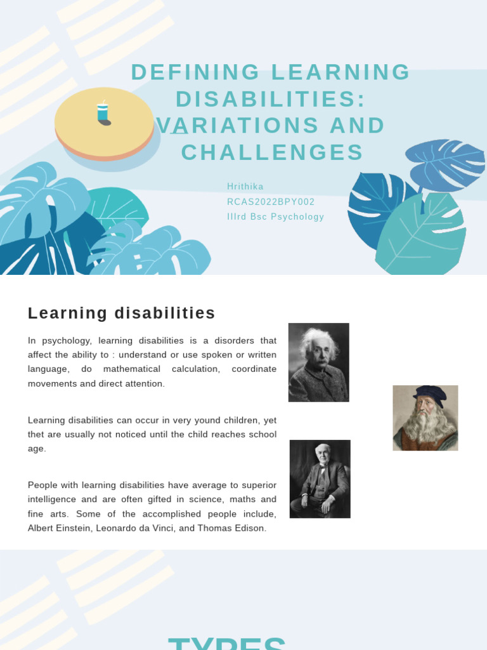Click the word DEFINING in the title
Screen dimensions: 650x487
click(196, 72)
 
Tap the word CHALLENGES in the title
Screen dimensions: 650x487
click(273, 152)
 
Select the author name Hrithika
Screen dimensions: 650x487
click(245, 186)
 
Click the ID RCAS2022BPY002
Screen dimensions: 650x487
click(271, 201)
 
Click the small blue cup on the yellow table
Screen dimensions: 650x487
click(102, 113)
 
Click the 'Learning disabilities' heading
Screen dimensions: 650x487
click(122, 313)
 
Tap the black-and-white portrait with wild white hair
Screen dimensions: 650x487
click(318, 362)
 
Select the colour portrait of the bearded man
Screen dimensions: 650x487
click(425, 418)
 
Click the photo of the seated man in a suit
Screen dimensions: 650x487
click(320, 479)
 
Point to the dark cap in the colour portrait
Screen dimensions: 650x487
click(429, 394)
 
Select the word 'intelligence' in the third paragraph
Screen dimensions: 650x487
click(55, 499)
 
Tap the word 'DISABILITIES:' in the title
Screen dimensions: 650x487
click(271, 99)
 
